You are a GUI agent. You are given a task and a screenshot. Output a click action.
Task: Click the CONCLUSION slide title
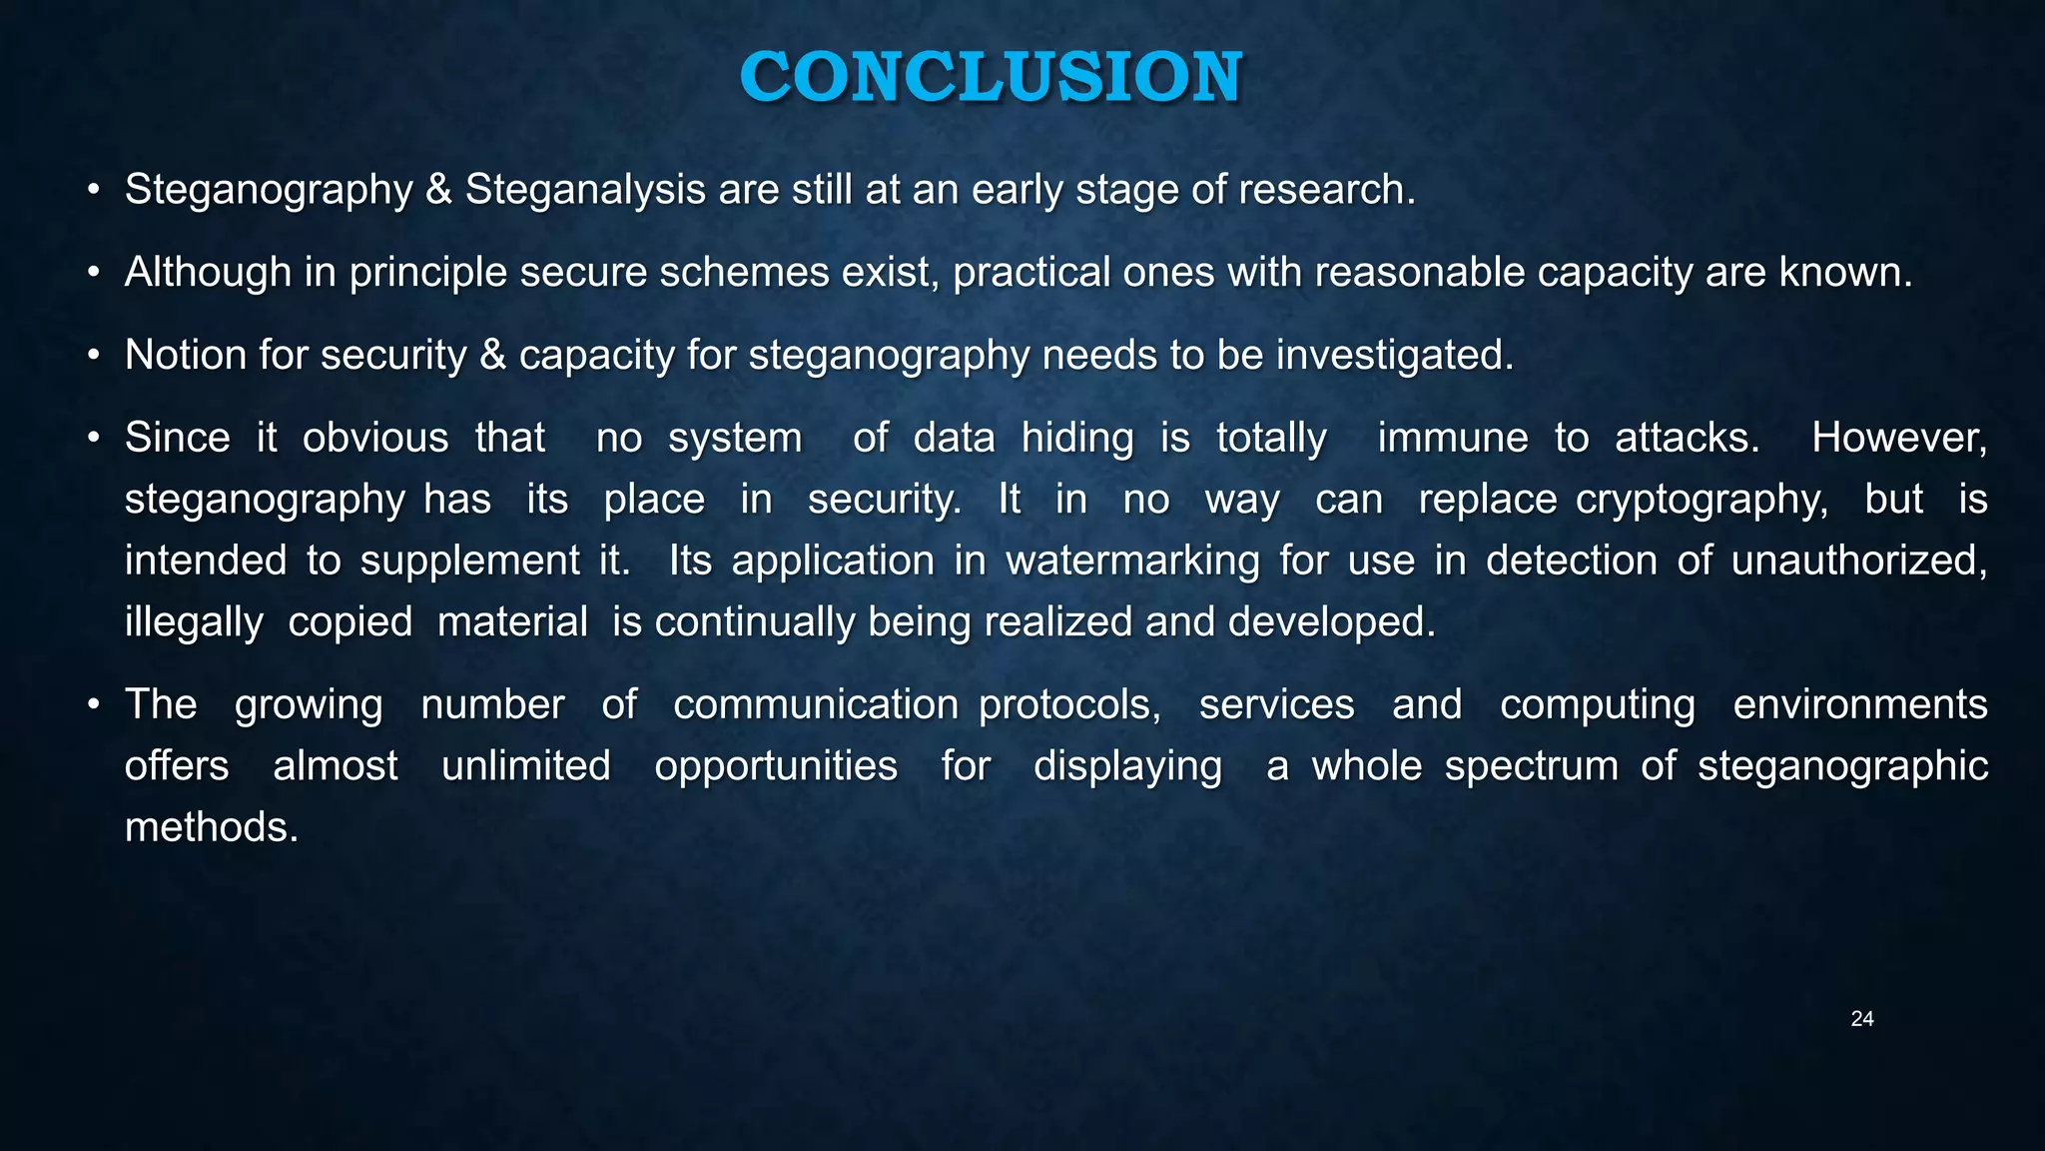click(991, 77)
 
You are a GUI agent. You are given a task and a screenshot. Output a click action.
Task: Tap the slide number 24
click(1861, 1019)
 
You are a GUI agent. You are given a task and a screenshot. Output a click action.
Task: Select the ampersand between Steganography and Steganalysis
click(438, 190)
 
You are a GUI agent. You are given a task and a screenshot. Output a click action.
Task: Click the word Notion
click(186, 356)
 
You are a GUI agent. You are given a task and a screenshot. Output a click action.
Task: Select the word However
click(1898, 439)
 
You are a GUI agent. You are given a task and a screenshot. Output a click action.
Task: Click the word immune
click(1453, 439)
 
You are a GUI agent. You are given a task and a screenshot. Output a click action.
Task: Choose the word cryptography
click(1702, 500)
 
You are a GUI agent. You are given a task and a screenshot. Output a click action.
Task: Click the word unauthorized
click(1858, 561)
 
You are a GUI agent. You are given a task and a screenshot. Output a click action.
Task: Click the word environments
click(1859, 705)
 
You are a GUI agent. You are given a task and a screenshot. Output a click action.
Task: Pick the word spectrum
click(1531, 767)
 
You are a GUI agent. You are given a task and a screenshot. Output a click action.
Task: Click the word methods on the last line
click(211, 828)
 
